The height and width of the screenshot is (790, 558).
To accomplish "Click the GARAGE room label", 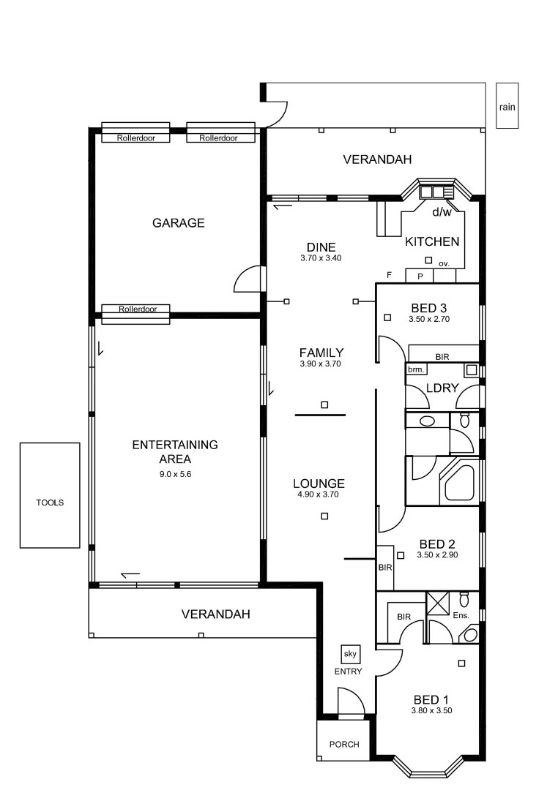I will click(178, 223).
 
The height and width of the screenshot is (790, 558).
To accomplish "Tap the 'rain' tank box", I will click(507, 107).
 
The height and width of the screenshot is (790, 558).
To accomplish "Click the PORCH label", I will click(344, 745).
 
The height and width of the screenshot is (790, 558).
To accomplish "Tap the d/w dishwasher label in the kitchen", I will click(442, 213).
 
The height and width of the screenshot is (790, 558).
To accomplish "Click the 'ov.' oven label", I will click(444, 263).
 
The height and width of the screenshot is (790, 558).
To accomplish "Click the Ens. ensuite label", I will click(460, 616).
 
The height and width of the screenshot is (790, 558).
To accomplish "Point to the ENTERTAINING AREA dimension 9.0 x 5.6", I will click(175, 474).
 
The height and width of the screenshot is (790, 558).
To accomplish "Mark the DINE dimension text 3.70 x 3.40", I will click(321, 258).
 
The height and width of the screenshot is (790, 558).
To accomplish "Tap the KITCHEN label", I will click(432, 241).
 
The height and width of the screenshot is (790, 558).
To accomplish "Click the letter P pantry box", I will click(420, 276).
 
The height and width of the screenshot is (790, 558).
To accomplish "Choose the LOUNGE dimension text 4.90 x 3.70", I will click(319, 494).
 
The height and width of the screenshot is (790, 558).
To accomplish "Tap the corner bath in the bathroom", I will click(458, 484).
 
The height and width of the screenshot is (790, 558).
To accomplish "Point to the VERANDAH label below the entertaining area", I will click(215, 614).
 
